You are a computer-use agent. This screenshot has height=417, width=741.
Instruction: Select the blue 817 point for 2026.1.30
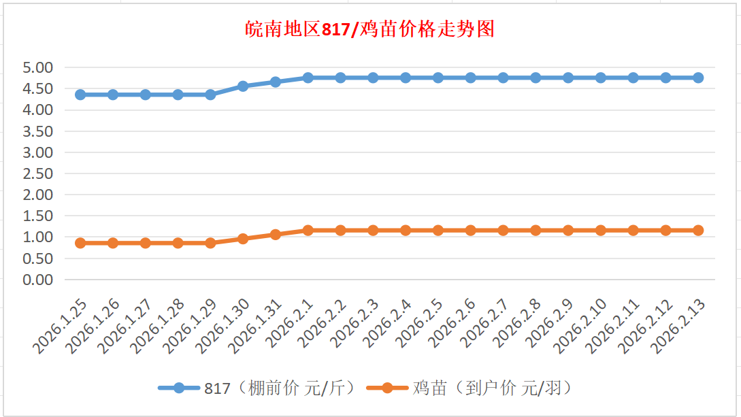click(x=243, y=86)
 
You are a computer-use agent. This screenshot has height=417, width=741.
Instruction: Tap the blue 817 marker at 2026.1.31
click(x=276, y=82)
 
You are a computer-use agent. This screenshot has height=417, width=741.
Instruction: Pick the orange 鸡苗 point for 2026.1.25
click(x=80, y=243)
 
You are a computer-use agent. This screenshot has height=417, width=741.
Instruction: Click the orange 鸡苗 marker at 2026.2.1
click(x=308, y=230)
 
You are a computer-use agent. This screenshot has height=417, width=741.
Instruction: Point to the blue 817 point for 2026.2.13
click(x=698, y=78)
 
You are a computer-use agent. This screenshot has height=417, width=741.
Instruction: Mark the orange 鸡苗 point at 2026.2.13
click(x=698, y=230)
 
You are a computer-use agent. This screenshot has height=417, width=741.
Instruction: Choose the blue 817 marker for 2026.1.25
click(x=80, y=95)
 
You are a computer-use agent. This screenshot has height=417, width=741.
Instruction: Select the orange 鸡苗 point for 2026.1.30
click(x=243, y=239)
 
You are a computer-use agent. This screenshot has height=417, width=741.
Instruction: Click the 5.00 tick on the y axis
click(x=38, y=67)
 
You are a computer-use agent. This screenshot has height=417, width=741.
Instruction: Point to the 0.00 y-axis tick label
click(x=38, y=280)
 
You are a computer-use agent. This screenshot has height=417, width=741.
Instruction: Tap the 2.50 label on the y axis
click(x=38, y=173)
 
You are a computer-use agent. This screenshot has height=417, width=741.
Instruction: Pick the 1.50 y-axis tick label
click(x=38, y=216)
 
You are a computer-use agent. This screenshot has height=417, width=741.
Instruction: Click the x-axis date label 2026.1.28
click(x=161, y=328)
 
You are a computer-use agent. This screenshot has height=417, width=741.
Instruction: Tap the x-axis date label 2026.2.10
click(x=584, y=328)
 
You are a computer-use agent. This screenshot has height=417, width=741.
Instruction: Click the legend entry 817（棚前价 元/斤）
click(x=279, y=388)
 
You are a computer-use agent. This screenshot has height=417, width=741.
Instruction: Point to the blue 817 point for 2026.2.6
click(x=471, y=78)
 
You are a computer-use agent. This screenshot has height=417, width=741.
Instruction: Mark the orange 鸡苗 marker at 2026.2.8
click(x=536, y=230)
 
